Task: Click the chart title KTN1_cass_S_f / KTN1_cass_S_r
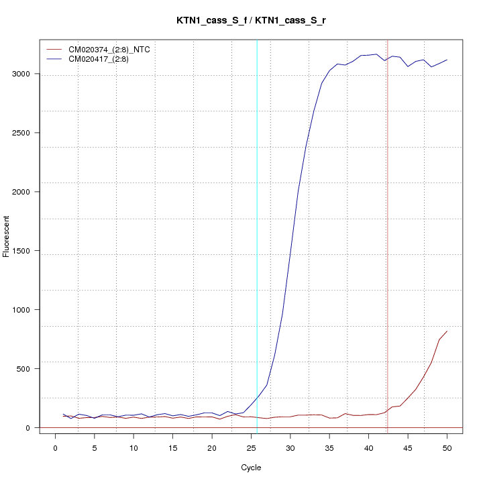[251, 21]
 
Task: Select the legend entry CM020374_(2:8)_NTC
[104, 50]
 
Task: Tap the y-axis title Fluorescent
[7, 235]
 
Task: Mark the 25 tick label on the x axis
[251, 448]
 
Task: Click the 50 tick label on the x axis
[447, 448]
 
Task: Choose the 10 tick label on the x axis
[133, 448]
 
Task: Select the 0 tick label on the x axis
[55, 448]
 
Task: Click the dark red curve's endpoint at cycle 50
[447, 331]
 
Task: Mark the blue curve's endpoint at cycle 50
[447, 60]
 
